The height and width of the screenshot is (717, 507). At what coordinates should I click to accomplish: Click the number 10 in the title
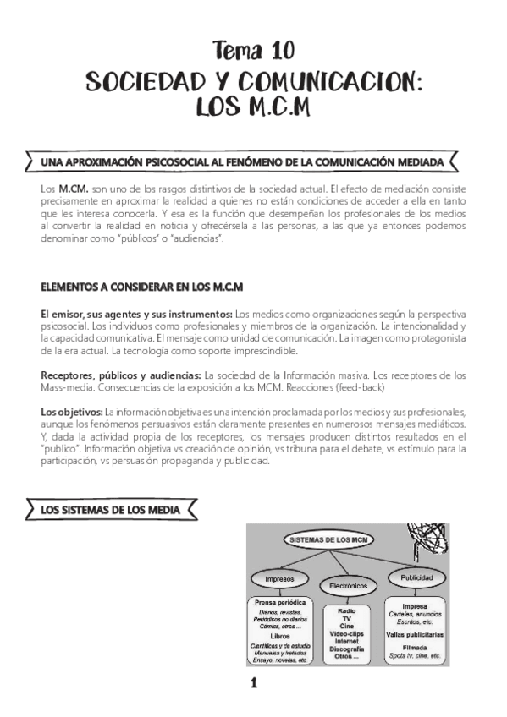coord(278,52)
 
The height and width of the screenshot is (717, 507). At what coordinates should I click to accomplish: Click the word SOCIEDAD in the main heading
coord(149,81)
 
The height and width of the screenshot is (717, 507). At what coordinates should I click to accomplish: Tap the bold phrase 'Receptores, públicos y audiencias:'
coord(122,374)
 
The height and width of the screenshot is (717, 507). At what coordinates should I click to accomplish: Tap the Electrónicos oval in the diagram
coord(345,586)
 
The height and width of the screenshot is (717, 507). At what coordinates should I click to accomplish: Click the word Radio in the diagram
coord(345,610)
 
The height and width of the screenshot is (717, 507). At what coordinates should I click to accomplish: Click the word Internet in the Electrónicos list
coord(345,642)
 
